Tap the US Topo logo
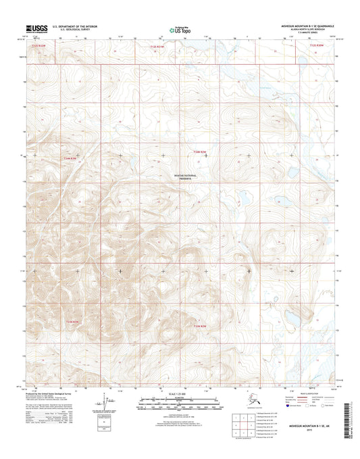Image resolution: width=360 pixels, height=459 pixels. (179, 29)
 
